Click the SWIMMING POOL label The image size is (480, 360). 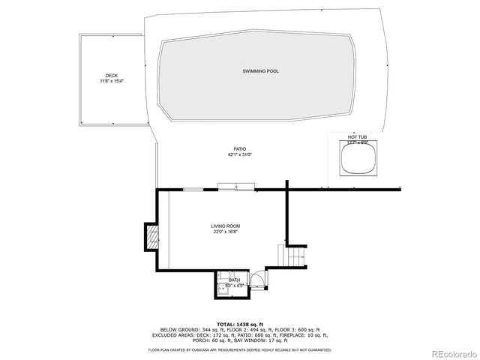tap(260, 71)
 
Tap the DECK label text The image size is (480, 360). tap(111, 76)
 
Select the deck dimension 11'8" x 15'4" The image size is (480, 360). tap(111, 81)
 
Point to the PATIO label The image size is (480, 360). tap(240, 149)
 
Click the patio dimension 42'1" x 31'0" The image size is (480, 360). tap(240, 155)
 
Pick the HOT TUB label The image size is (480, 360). tap(356, 137)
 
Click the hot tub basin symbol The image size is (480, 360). tap(356, 160)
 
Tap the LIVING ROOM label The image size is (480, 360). tap(225, 226)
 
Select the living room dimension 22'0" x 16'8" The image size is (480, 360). tap(225, 232)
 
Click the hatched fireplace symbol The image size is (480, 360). tap(152, 239)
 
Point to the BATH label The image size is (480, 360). tap(235, 280)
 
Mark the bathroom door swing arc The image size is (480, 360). tap(256, 280)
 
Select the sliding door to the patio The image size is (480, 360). tap(236, 187)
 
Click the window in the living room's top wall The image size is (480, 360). tap(193, 190)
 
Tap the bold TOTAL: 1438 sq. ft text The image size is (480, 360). tap(239, 324)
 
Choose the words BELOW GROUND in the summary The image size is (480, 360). tap(176, 330)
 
